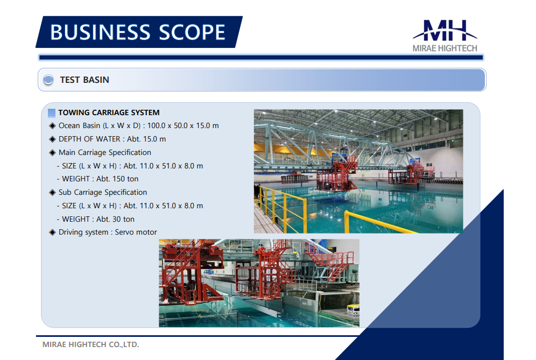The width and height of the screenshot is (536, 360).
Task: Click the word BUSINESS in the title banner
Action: (100, 32)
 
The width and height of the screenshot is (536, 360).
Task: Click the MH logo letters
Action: (445, 31)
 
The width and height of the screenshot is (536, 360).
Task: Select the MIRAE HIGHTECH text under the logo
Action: (445, 48)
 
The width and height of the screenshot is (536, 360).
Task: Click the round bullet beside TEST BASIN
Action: (48, 80)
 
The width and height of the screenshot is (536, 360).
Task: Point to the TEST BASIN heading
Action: (84, 80)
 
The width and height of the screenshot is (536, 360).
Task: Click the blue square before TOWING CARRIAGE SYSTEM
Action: (52, 113)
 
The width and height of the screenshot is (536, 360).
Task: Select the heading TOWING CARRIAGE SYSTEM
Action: (109, 112)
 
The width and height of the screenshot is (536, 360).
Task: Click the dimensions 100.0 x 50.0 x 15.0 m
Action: (183, 126)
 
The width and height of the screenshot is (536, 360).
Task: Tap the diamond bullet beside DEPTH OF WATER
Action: (52, 139)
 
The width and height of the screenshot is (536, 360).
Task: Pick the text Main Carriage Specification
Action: (104, 152)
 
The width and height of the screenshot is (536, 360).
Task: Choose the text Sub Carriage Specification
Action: (103, 193)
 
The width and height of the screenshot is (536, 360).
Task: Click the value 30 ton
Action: (123, 219)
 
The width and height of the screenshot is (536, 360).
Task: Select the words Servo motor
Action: (136, 232)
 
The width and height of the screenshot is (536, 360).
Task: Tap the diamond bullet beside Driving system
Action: (52, 232)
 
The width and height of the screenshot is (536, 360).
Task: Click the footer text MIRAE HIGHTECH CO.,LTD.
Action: (90, 344)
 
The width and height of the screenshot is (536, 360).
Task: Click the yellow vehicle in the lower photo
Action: (353, 308)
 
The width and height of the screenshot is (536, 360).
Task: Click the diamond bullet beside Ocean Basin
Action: (52, 126)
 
